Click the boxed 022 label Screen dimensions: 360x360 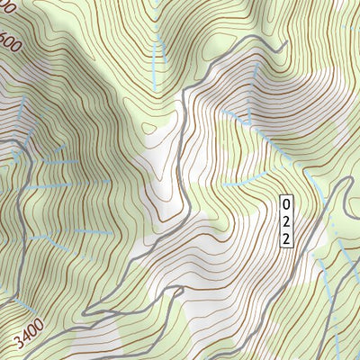(285, 220)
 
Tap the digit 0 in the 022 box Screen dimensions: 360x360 (285, 202)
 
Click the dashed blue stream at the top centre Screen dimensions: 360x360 (156, 36)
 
